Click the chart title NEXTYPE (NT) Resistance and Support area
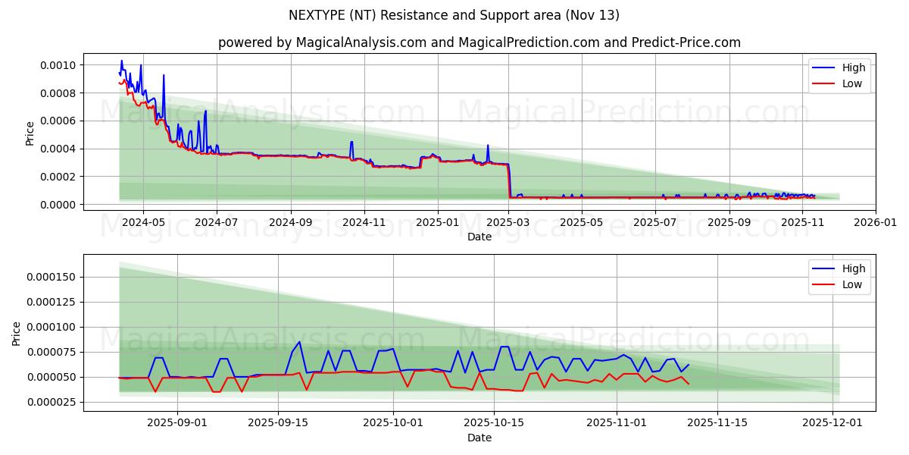click(x=454, y=15)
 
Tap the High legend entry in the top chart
click(x=852, y=67)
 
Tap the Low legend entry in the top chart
click(x=851, y=83)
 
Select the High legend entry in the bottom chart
click(x=852, y=268)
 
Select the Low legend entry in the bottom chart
click(x=851, y=284)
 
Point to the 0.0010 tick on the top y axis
click(x=59, y=65)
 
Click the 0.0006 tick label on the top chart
click(x=59, y=121)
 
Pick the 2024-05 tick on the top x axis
click(x=143, y=222)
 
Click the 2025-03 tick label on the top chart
click(x=509, y=222)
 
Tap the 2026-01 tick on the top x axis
click(x=876, y=222)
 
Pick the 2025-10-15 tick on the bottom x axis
click(x=494, y=423)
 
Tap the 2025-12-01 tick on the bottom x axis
click(x=832, y=423)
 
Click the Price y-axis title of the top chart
click(x=30, y=133)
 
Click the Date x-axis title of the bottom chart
click(x=479, y=438)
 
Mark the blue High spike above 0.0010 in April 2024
click(x=121, y=61)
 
